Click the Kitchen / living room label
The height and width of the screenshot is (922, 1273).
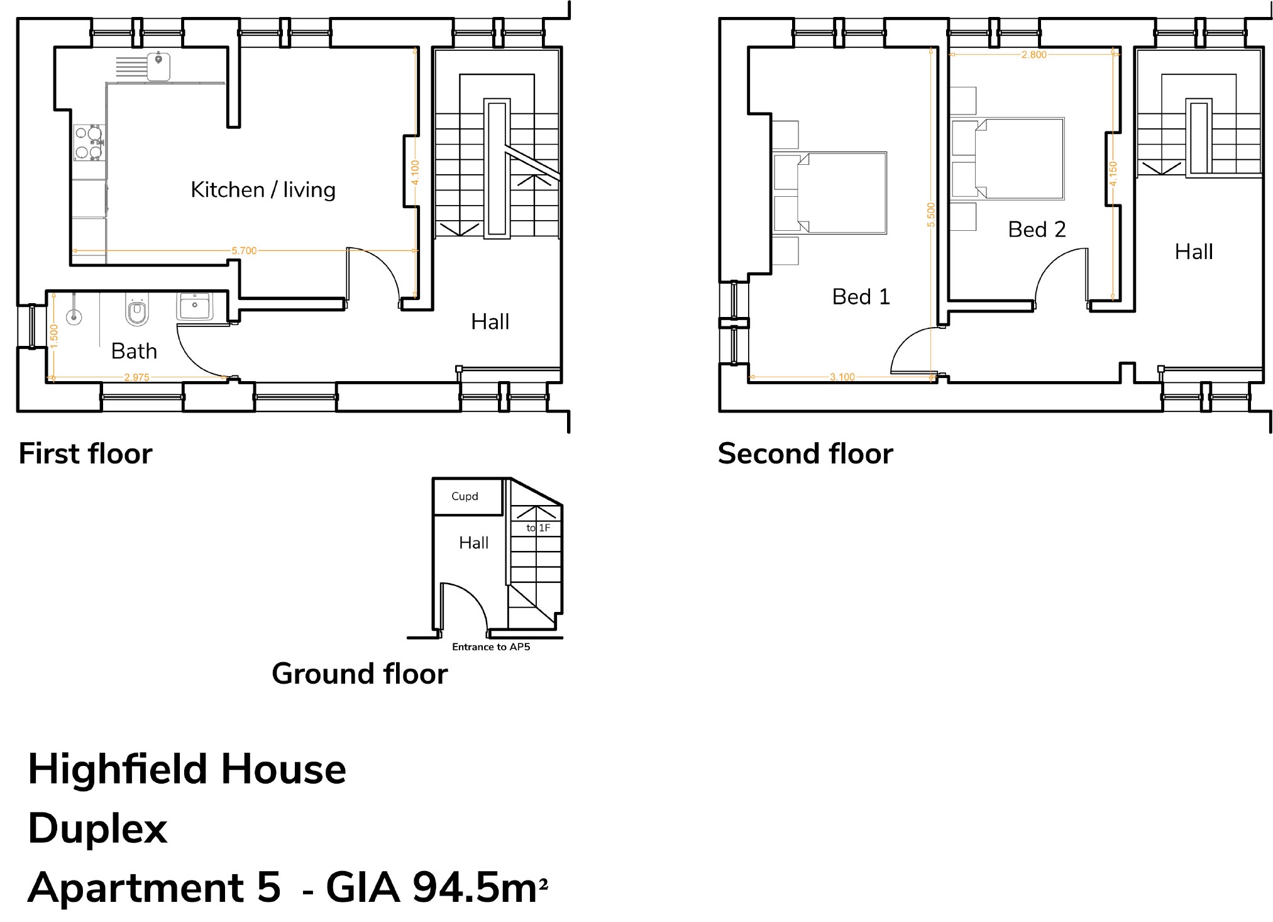point(263,190)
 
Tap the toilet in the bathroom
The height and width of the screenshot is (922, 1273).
point(136,310)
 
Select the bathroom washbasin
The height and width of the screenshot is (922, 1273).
point(195,306)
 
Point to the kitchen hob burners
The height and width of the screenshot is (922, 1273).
point(89,143)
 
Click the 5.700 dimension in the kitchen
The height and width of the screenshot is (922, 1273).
point(244,251)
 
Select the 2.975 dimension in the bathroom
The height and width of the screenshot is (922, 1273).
point(136,378)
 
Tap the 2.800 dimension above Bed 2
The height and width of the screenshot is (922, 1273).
point(1034,55)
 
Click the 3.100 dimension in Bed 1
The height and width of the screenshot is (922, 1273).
point(842,377)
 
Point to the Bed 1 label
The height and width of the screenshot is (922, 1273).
point(861,297)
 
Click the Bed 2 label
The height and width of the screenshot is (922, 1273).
point(1037,230)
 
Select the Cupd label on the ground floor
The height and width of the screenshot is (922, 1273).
point(465,496)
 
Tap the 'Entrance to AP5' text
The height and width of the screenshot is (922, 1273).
point(491,647)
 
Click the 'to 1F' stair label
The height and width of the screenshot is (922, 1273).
point(538,528)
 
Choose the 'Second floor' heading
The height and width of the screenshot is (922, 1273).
point(805,453)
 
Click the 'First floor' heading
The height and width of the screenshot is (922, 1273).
point(85,453)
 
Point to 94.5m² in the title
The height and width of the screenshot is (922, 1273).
point(480,887)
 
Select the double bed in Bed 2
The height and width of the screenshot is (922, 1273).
point(1020,158)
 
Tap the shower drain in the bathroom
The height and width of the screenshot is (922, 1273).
point(74,318)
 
